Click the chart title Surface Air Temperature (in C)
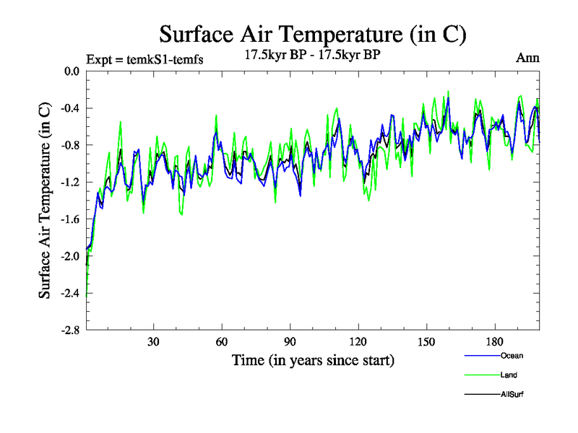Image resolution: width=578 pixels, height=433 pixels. click(x=312, y=34)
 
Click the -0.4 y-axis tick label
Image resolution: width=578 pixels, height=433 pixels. click(x=70, y=108)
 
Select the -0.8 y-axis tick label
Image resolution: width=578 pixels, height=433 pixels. click(x=70, y=145)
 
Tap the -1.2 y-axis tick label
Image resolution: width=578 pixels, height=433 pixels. click(x=70, y=182)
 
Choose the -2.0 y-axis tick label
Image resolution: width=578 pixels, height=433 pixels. click(x=70, y=256)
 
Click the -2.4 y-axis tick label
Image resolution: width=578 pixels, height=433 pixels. click(x=70, y=293)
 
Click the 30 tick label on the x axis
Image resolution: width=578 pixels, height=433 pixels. click(x=153, y=342)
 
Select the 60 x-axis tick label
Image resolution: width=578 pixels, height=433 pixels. click(x=222, y=342)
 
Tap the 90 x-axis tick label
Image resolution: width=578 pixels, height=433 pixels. click(x=290, y=342)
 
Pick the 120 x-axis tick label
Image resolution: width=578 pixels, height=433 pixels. click(x=358, y=342)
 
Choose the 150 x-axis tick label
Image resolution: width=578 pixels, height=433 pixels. click(x=426, y=342)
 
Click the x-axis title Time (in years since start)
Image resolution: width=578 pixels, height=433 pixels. click(x=313, y=359)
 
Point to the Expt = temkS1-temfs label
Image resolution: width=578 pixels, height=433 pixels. click(x=144, y=59)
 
